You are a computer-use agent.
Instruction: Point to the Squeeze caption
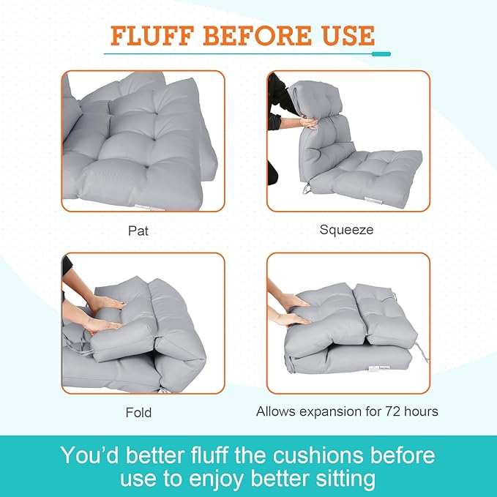point(346,230)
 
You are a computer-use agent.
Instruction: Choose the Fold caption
point(138,412)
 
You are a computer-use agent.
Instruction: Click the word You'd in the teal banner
point(91,455)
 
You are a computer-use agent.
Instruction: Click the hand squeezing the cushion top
point(307,122)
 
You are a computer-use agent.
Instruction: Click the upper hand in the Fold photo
point(105,302)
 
